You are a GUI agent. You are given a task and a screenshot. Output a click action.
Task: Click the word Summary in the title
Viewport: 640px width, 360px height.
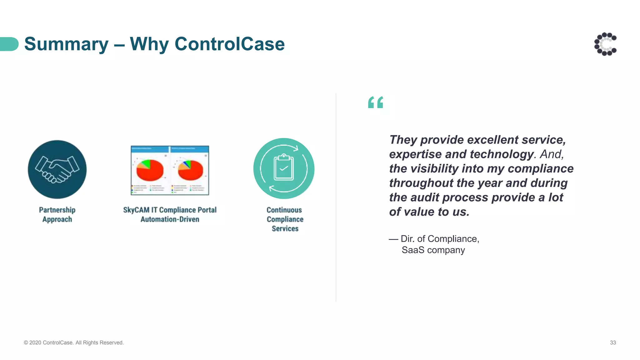(66, 44)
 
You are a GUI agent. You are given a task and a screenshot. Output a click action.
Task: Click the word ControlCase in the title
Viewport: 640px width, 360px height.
(229, 44)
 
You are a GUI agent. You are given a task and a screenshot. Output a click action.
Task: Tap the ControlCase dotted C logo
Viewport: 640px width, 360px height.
(605, 44)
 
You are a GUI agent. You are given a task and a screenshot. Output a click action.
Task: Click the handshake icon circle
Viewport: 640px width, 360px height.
(57, 169)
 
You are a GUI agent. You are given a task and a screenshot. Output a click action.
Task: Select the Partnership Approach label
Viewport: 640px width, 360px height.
(57, 214)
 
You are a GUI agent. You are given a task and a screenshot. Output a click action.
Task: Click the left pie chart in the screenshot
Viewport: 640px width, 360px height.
(150, 170)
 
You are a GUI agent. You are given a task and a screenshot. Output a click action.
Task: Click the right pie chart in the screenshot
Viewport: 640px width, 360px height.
(190, 170)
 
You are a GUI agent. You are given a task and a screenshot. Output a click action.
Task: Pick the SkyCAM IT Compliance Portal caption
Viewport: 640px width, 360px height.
(170, 214)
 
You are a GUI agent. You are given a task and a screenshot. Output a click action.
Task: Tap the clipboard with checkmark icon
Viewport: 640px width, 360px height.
(284, 168)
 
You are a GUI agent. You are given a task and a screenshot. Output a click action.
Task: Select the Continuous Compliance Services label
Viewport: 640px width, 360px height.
(285, 219)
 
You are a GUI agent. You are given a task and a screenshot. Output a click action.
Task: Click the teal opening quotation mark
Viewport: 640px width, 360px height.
(375, 102)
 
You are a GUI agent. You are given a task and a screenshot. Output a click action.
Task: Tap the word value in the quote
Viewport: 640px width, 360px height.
(418, 212)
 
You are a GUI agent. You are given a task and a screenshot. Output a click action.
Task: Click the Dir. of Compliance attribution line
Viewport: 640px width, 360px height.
(434, 239)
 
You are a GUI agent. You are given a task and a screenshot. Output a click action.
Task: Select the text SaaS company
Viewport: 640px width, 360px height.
(433, 250)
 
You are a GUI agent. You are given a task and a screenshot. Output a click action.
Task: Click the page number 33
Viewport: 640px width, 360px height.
(612, 342)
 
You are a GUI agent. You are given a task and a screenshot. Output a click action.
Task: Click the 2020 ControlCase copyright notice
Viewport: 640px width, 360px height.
(74, 342)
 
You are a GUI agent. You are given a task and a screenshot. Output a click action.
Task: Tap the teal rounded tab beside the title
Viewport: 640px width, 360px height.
(9, 44)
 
